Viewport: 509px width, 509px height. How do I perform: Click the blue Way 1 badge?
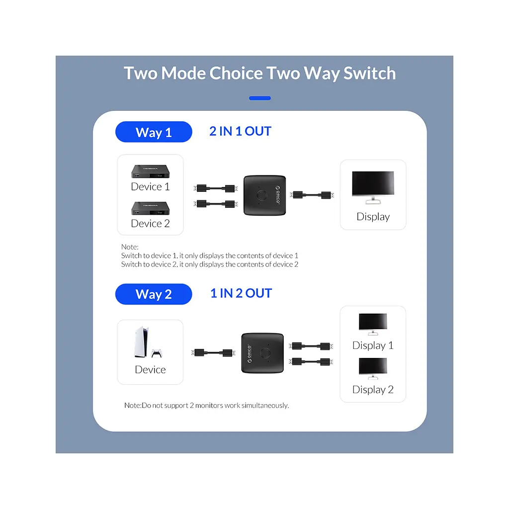click(x=154, y=132)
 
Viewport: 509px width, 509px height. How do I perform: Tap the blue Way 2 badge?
click(x=154, y=294)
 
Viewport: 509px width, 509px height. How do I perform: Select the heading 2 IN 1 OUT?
click(x=240, y=131)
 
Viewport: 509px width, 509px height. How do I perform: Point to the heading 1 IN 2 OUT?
click(x=241, y=293)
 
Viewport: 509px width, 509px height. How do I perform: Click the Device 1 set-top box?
click(x=150, y=171)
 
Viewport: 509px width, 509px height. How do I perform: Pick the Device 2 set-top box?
click(x=150, y=208)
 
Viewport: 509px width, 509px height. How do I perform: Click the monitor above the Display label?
click(x=373, y=187)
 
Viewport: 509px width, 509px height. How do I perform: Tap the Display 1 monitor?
click(x=373, y=324)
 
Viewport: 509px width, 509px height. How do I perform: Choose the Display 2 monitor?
click(x=373, y=368)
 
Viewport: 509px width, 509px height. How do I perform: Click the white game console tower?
click(x=142, y=342)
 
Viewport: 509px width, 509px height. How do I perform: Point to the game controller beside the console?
click(x=157, y=353)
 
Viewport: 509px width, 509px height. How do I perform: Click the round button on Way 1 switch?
click(x=262, y=195)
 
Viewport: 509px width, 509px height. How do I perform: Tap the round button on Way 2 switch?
click(x=265, y=353)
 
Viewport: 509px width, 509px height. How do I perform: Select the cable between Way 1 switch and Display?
click(x=312, y=195)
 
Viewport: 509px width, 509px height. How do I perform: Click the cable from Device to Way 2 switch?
click(x=213, y=352)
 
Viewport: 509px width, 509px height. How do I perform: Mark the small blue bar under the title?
click(x=259, y=98)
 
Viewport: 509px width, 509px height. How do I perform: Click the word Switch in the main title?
click(x=370, y=73)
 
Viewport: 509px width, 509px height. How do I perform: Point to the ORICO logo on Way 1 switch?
click(x=278, y=195)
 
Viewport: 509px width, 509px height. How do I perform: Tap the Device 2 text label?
click(x=150, y=223)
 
